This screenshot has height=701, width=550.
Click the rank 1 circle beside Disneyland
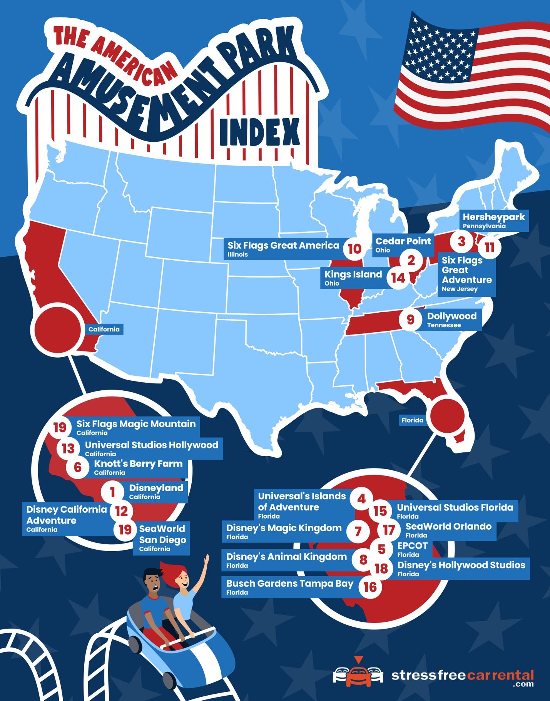point(112,492)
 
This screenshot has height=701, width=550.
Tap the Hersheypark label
point(494,220)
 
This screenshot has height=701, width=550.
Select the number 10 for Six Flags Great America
point(354,249)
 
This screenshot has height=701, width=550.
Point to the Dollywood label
point(452,319)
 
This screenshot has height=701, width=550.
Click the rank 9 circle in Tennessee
point(410,320)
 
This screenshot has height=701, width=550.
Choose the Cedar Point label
point(403,244)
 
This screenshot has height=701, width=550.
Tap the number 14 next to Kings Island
point(398,278)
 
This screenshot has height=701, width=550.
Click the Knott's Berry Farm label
point(138,467)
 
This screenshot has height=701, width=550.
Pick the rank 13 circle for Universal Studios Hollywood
point(68,448)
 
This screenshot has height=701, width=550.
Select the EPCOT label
point(412,549)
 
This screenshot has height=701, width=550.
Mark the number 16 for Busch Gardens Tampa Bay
point(370,587)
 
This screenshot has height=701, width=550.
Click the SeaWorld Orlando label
point(448,530)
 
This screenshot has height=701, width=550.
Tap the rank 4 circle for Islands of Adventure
point(361,499)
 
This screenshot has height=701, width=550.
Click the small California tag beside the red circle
point(104,329)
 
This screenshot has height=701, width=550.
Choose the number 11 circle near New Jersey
point(489,247)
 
